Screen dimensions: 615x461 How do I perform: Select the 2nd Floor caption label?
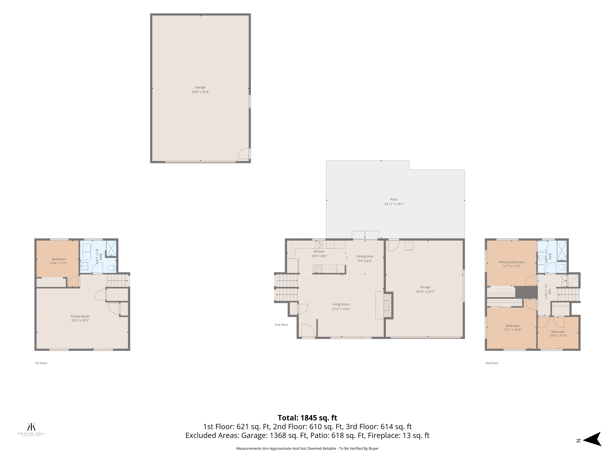point(281,325)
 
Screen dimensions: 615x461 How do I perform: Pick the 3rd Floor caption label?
point(492,363)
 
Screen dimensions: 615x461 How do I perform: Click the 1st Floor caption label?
point(41,363)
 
